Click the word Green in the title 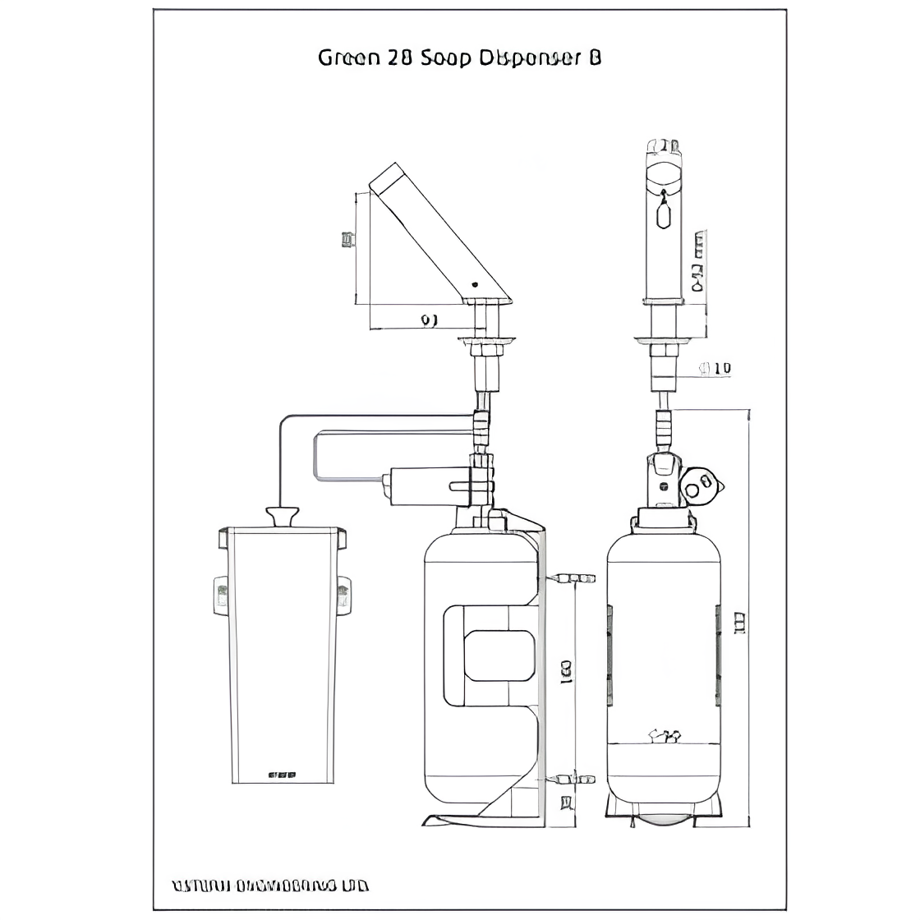[348, 57]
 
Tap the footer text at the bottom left [270, 886]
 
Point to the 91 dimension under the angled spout [429, 320]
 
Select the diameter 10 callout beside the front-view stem [715, 369]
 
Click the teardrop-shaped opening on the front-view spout [664, 215]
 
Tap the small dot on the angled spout [474, 283]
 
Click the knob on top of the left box [281, 517]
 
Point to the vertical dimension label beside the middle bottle [567, 671]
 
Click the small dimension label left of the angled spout [347, 239]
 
